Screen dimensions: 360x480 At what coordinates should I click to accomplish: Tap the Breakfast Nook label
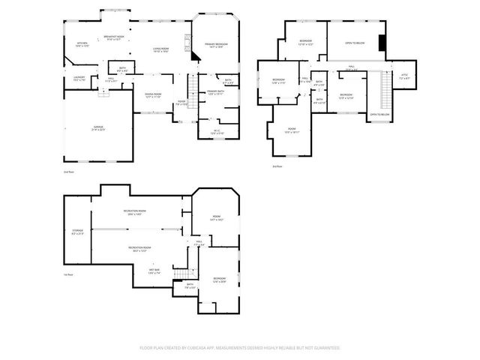[x=114, y=38]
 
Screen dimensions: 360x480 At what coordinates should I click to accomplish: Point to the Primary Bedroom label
[x=217, y=46]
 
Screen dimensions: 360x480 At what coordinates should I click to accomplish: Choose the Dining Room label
[x=153, y=95]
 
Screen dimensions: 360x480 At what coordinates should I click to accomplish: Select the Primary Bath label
[x=216, y=92]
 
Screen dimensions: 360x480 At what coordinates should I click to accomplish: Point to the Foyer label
[x=181, y=103]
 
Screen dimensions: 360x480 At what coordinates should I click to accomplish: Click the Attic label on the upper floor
[x=404, y=76]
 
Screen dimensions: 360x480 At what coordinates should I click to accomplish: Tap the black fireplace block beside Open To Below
[x=383, y=43]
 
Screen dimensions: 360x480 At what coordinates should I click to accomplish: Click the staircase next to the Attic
[x=388, y=90]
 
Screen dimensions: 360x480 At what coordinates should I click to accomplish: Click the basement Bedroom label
[x=219, y=280]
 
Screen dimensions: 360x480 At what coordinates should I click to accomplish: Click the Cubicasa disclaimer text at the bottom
[x=240, y=348]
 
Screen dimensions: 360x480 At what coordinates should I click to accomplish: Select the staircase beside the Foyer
[x=190, y=88]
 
